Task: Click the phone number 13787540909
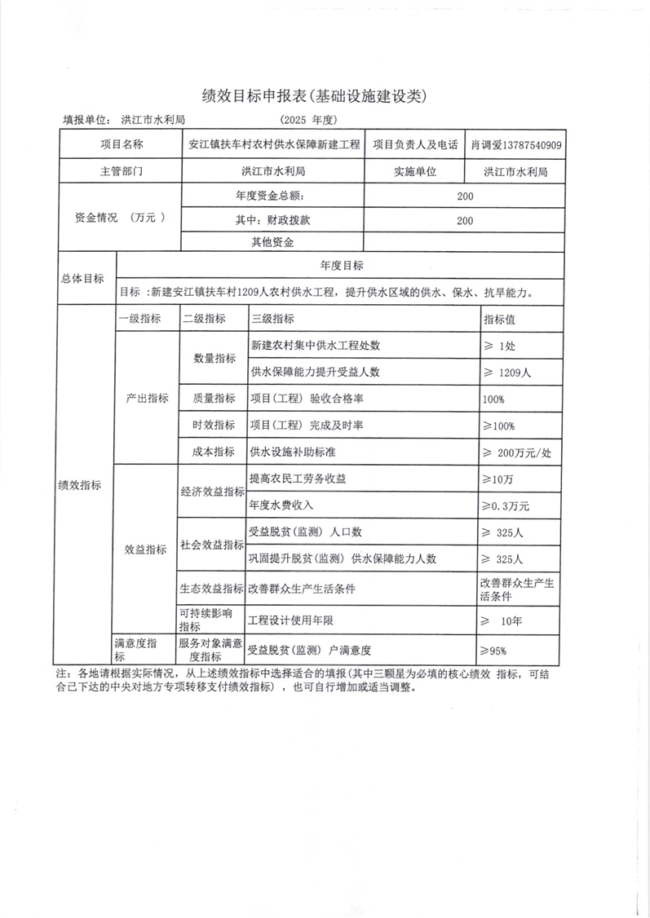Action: tap(530, 145)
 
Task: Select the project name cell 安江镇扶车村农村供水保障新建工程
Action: tap(273, 145)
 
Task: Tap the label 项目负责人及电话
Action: tap(414, 145)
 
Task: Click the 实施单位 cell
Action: tap(414, 171)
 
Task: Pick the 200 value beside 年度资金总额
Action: tap(464, 196)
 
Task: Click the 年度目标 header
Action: tap(341, 266)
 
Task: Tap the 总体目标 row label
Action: tap(83, 278)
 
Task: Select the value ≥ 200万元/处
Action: tap(519, 452)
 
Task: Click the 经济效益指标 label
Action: tap(212, 492)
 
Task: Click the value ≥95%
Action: tap(493, 650)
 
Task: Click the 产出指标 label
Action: tap(147, 399)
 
